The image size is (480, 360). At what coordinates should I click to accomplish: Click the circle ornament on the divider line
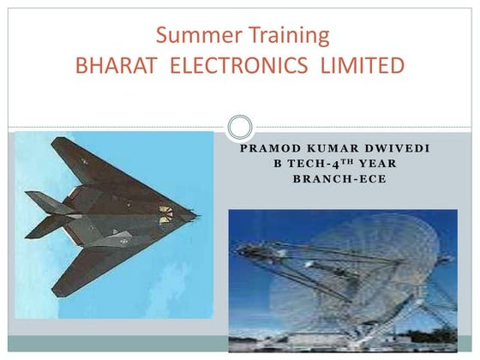coord(240,128)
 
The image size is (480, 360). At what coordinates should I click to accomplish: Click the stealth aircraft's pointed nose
coord(194,212)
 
